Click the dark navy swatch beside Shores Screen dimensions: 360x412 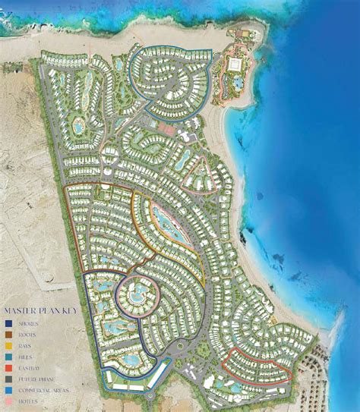[x=8, y=323]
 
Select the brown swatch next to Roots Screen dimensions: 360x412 [x=8, y=334]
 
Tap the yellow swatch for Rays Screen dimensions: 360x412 [x=8, y=344]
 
